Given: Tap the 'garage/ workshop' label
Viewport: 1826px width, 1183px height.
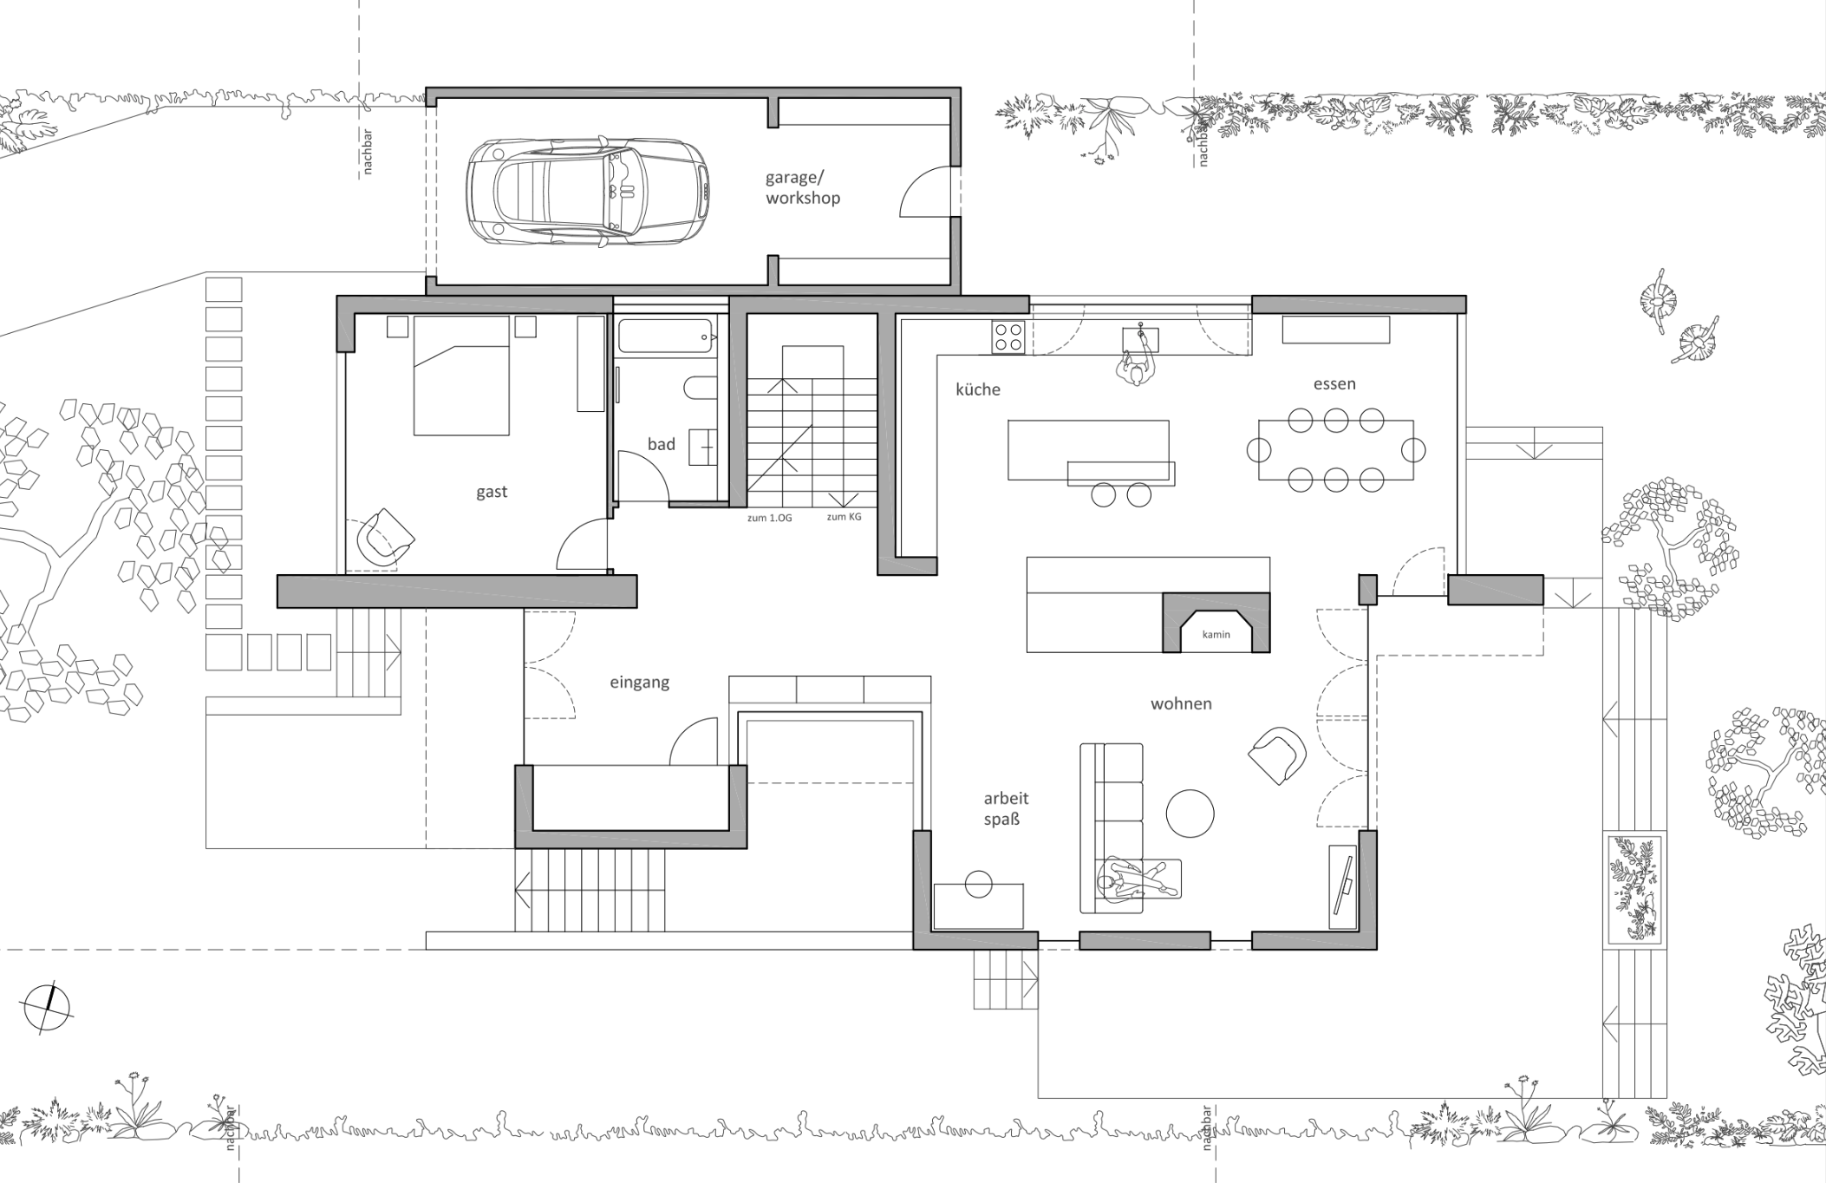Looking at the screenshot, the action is (803, 187).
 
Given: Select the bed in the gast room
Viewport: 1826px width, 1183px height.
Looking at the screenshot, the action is (461, 376).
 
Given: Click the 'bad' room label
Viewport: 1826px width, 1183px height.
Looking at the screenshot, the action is (661, 444).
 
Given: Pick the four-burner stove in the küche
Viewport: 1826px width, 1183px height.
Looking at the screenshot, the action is (1008, 337).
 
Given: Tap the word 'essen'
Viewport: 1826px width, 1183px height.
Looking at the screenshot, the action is (1334, 383).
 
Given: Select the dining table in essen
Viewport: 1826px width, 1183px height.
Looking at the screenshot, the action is (1336, 450).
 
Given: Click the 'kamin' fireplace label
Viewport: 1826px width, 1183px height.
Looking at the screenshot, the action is (1216, 635).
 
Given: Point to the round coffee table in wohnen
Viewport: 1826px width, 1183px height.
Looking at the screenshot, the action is (1190, 813).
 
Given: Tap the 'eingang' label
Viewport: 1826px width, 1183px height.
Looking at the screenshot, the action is (640, 683).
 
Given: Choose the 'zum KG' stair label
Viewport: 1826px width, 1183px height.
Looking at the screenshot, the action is (844, 517).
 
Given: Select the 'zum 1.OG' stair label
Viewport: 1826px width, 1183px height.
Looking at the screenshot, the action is (770, 518).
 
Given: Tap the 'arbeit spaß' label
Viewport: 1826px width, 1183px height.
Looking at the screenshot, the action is (1006, 808).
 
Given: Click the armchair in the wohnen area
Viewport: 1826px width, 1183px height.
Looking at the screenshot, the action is (1277, 755).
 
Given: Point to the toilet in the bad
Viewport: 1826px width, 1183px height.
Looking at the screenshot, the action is (701, 387).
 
